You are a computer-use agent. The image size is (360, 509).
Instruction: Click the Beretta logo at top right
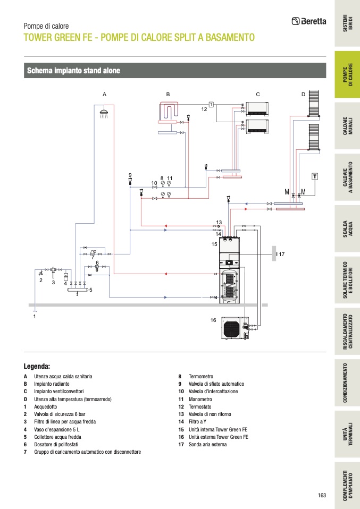pyautogui.click(x=309, y=21)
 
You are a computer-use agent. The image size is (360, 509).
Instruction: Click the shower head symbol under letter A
pyautogui.click(x=104, y=112)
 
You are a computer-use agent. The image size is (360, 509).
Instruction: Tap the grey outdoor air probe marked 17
pyautogui.click(x=273, y=253)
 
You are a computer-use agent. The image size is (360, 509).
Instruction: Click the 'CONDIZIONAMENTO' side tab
pyautogui.click(x=347, y=383)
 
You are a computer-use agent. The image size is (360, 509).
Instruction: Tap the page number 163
pyautogui.click(x=322, y=495)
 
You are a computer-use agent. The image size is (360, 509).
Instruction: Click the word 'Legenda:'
pyautogui.click(x=37, y=366)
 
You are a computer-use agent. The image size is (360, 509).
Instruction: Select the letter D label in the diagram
pyautogui.click(x=303, y=94)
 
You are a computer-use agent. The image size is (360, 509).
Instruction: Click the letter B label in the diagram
pyautogui.click(x=168, y=94)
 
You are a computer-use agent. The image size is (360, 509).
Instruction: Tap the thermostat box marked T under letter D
pyautogui.click(x=315, y=176)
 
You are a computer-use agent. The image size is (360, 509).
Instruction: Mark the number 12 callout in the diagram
pyautogui.click(x=204, y=108)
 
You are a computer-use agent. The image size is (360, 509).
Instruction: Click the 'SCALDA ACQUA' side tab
pyautogui.click(x=347, y=229)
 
